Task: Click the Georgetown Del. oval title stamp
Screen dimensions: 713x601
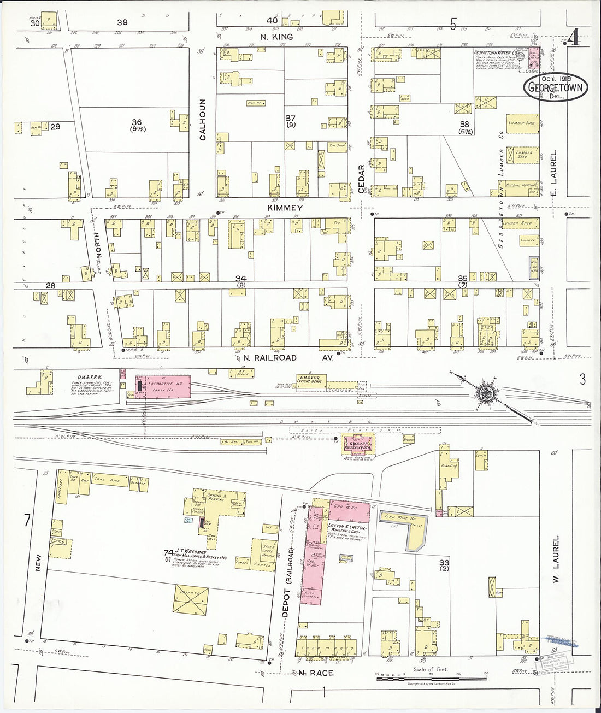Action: coord(556,88)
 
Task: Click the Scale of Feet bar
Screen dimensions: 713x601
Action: coord(431,678)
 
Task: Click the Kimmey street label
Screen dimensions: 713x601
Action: coord(285,208)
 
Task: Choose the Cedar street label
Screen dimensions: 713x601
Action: coord(361,178)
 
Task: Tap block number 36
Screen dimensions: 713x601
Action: coord(136,122)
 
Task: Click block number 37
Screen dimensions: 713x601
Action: coord(290,118)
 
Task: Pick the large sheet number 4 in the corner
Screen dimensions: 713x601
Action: coord(574,38)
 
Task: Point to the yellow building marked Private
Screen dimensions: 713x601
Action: coord(191,599)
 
